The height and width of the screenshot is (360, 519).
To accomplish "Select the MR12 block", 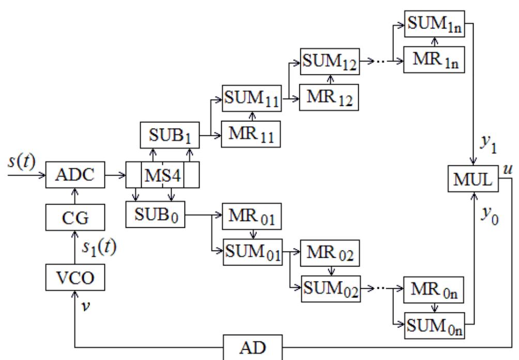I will [330, 98].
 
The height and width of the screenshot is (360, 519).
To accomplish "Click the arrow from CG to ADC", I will [75, 196].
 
